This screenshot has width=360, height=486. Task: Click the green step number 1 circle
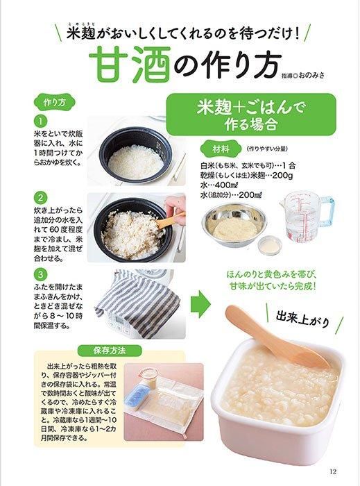pos(40,121)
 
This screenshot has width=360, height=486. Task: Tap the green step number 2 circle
pos(40,198)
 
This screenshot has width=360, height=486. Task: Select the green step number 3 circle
pos(40,274)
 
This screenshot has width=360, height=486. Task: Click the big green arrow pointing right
pos(200,303)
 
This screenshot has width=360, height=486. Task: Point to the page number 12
pos(333,471)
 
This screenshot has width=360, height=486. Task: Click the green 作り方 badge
pos(55,103)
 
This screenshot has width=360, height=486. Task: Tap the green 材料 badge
pos(221,149)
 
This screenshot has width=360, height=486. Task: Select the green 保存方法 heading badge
pos(110,351)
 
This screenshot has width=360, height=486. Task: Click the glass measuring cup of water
pos(305,217)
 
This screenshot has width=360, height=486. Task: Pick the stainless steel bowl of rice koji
pos(234,225)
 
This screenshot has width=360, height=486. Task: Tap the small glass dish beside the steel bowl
pos(270,245)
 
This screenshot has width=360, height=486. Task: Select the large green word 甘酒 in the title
pos(130,65)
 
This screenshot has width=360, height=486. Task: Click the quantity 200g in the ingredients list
pos(283,176)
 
